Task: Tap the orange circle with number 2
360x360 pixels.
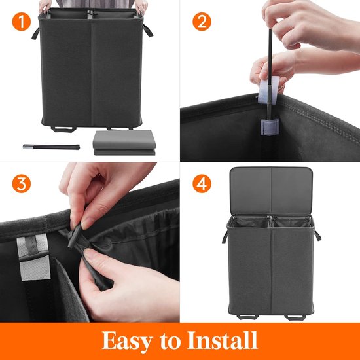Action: pyautogui.click(x=202, y=22)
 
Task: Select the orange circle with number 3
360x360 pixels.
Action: pyautogui.click(x=22, y=185)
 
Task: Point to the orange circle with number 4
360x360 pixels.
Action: pyautogui.click(x=202, y=185)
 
